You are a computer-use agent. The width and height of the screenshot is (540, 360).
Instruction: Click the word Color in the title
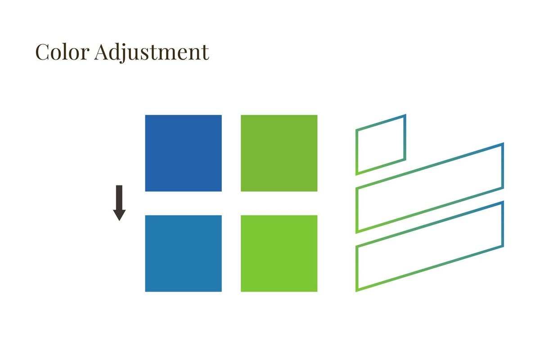[63, 52]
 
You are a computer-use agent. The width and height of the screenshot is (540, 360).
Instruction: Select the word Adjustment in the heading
[152, 53]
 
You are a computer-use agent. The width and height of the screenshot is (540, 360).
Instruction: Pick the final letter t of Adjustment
[205, 53]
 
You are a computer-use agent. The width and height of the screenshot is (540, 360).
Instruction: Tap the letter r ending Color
[85, 54]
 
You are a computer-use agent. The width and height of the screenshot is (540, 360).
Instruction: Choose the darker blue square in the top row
[183, 153]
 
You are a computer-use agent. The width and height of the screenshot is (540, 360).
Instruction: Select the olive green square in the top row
[279, 153]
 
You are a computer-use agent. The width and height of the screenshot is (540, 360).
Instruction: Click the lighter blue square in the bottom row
[183, 253]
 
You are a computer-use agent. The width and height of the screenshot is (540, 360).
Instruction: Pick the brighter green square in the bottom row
[279, 253]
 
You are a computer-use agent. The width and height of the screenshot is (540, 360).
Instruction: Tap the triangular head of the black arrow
[119, 215]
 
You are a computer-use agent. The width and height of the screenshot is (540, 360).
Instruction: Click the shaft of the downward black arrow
[119, 198]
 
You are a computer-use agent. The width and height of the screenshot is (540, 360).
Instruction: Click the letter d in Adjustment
[116, 52]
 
